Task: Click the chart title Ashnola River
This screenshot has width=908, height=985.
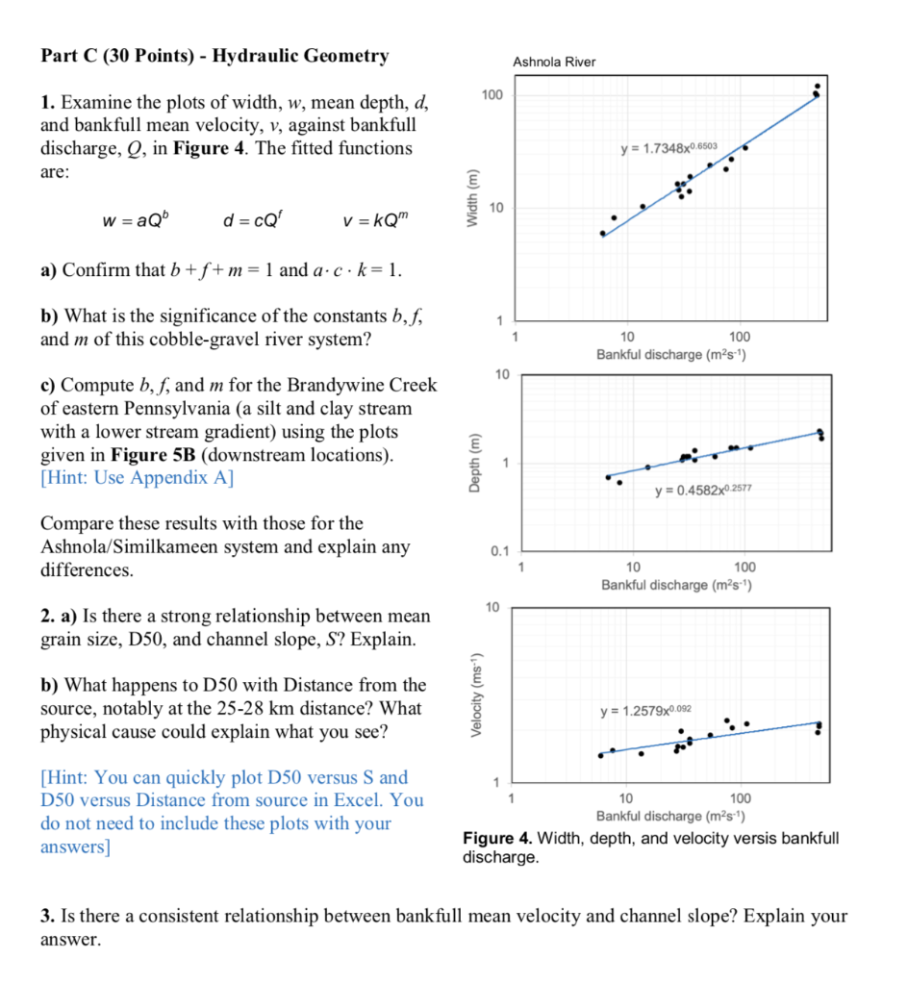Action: tap(554, 63)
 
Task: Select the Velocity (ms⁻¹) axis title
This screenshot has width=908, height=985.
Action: tap(471, 694)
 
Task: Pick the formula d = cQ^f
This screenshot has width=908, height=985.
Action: tap(248, 222)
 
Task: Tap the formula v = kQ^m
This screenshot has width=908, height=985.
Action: tap(368, 222)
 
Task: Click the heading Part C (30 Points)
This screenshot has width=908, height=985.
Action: tap(117, 56)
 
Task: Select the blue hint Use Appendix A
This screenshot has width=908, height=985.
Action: tap(137, 478)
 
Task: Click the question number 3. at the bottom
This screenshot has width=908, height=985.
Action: tap(47, 916)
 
